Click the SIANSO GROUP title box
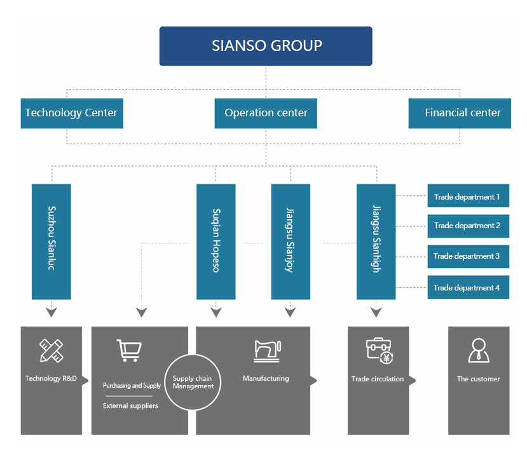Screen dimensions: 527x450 [266, 46]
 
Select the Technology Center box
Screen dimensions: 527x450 [72, 113]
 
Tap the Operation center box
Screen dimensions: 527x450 [266, 113]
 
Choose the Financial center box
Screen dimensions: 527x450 [460, 113]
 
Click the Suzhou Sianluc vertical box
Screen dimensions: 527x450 [51, 242]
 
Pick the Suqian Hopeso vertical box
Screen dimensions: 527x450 [216, 242]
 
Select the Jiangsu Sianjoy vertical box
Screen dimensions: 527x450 [291, 242]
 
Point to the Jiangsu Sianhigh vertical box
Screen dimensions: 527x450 [376, 242]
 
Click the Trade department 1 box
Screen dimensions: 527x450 [468, 196]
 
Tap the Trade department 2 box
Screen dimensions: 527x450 [468, 226]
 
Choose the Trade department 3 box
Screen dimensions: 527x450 [468, 256]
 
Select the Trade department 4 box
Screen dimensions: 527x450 [468, 287]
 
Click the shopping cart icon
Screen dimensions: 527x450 [129, 350]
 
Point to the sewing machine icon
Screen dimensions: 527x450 [267, 351]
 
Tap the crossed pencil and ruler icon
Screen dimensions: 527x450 [51, 350]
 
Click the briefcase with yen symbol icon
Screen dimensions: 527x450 [380, 351]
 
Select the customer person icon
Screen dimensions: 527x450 [479, 350]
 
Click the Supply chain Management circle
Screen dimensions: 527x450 [193, 383]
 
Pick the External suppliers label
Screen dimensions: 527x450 [130, 406]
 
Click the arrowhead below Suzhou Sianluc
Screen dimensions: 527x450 [51, 313]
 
